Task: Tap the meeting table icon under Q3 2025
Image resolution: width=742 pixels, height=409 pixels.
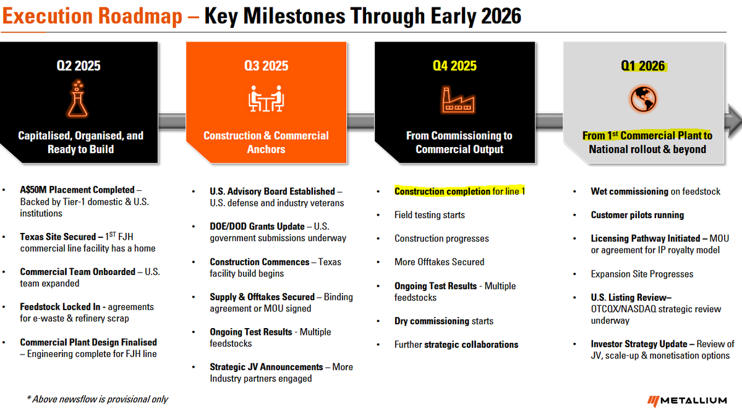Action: [266, 99]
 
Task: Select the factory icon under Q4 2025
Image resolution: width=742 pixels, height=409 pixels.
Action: [459, 99]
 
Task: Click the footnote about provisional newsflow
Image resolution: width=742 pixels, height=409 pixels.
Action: [97, 399]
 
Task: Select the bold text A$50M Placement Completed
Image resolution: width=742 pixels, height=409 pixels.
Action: [77, 190]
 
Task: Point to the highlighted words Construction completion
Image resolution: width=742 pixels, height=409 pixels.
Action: [442, 192]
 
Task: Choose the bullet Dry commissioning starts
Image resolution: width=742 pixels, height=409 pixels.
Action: [444, 321]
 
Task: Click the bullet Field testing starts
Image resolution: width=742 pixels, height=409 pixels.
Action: [429, 215]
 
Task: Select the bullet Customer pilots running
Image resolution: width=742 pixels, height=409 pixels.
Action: [637, 215]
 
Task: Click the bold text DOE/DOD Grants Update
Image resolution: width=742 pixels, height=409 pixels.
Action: [257, 227]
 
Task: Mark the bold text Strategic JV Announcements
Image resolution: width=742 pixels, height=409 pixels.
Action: [267, 367]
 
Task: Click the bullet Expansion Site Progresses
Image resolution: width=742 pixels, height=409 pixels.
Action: [642, 274]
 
